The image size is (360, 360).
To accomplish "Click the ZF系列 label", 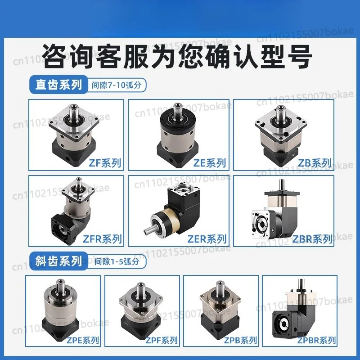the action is click(x=105, y=163).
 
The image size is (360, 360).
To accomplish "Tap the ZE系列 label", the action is click(x=210, y=163).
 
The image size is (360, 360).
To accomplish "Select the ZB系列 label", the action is click(x=315, y=163).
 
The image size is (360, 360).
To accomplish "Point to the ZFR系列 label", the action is click(x=102, y=239).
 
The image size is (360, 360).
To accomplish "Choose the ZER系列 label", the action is click(x=207, y=239).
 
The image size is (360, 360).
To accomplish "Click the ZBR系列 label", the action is click(x=312, y=239).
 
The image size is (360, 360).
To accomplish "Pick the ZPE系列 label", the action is click(x=83, y=340).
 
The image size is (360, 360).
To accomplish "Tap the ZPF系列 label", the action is click(x=162, y=340).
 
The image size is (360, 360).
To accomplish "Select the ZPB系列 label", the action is click(x=240, y=340).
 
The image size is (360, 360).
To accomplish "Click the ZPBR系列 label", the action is click(x=317, y=340).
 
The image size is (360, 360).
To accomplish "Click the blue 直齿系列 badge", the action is click(x=59, y=85).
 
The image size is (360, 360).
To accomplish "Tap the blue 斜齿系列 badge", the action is click(x=59, y=261).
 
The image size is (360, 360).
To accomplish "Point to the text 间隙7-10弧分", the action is click(x=117, y=85).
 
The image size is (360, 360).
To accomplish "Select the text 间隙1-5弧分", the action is click(x=117, y=261).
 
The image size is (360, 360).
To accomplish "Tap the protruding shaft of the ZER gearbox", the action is click(x=149, y=229).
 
